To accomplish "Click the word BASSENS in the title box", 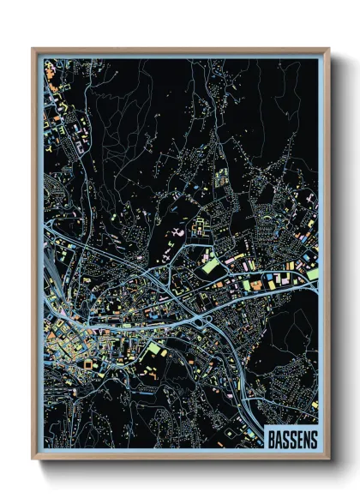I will click(292, 438).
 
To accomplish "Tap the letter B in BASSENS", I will click(271, 438).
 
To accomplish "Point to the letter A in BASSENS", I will click(279, 438).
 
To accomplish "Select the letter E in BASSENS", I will click(299, 438).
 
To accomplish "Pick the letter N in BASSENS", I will click(307, 438).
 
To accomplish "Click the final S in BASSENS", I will click(314, 438).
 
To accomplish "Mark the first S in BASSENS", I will click(285, 438).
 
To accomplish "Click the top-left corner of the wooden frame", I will click(33, 49).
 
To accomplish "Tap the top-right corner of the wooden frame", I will click(329, 49).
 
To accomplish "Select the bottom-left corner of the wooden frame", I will click(33, 459).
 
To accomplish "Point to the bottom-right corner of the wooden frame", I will click(329, 459).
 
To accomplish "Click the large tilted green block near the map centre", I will click(210, 266).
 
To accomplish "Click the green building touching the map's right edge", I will click(314, 274).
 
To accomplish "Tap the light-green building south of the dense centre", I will click(155, 349).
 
